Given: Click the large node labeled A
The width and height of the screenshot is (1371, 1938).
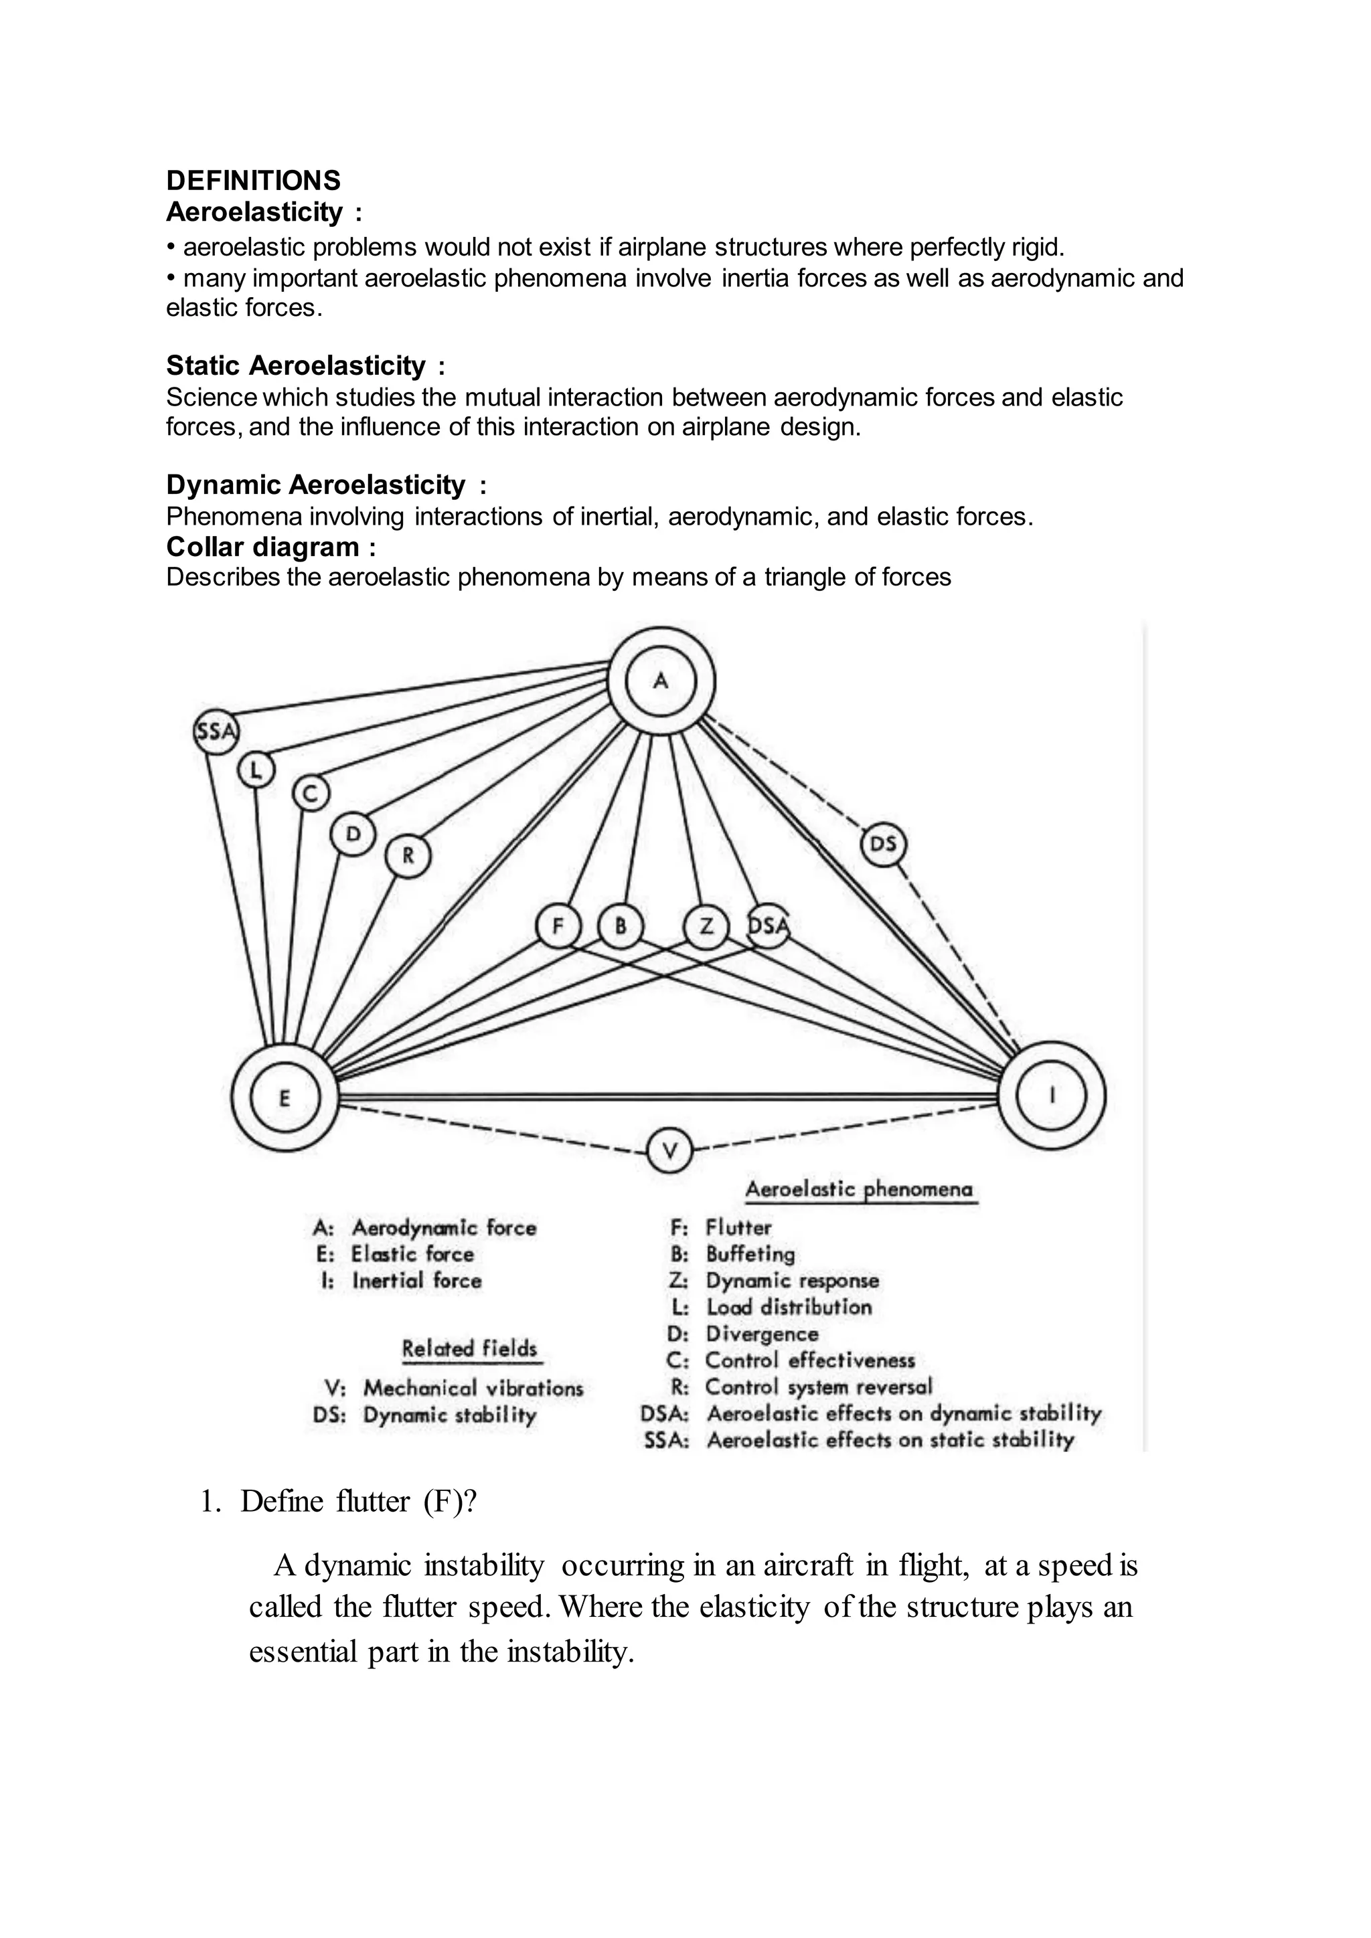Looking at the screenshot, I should pos(662,681).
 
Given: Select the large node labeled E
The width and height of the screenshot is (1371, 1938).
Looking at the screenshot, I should pos(285,1097).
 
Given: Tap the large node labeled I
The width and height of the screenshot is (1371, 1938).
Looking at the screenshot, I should pos(1052,1095).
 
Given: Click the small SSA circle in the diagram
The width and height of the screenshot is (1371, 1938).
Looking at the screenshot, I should pos(216,731).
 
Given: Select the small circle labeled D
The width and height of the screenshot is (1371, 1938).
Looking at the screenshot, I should pos(353,834).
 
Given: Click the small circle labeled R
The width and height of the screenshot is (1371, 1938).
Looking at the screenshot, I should pos(408,857).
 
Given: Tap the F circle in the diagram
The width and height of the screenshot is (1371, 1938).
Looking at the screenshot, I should pos(558,926).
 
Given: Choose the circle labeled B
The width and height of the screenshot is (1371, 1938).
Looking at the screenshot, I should pos(621,926).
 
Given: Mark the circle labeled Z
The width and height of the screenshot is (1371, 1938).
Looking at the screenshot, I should pos(706,926).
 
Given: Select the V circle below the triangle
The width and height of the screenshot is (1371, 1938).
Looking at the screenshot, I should pos(669,1150).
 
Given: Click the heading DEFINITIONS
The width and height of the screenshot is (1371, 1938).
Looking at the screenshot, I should pos(253,181).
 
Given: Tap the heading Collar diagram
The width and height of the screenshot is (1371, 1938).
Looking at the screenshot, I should pos(271,547).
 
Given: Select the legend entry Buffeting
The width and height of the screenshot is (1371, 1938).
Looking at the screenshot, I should pos(750,1254).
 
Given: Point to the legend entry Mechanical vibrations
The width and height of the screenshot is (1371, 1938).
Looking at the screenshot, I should pos(473,1388).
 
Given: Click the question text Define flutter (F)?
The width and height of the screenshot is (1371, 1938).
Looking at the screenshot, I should pos(358,1502).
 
